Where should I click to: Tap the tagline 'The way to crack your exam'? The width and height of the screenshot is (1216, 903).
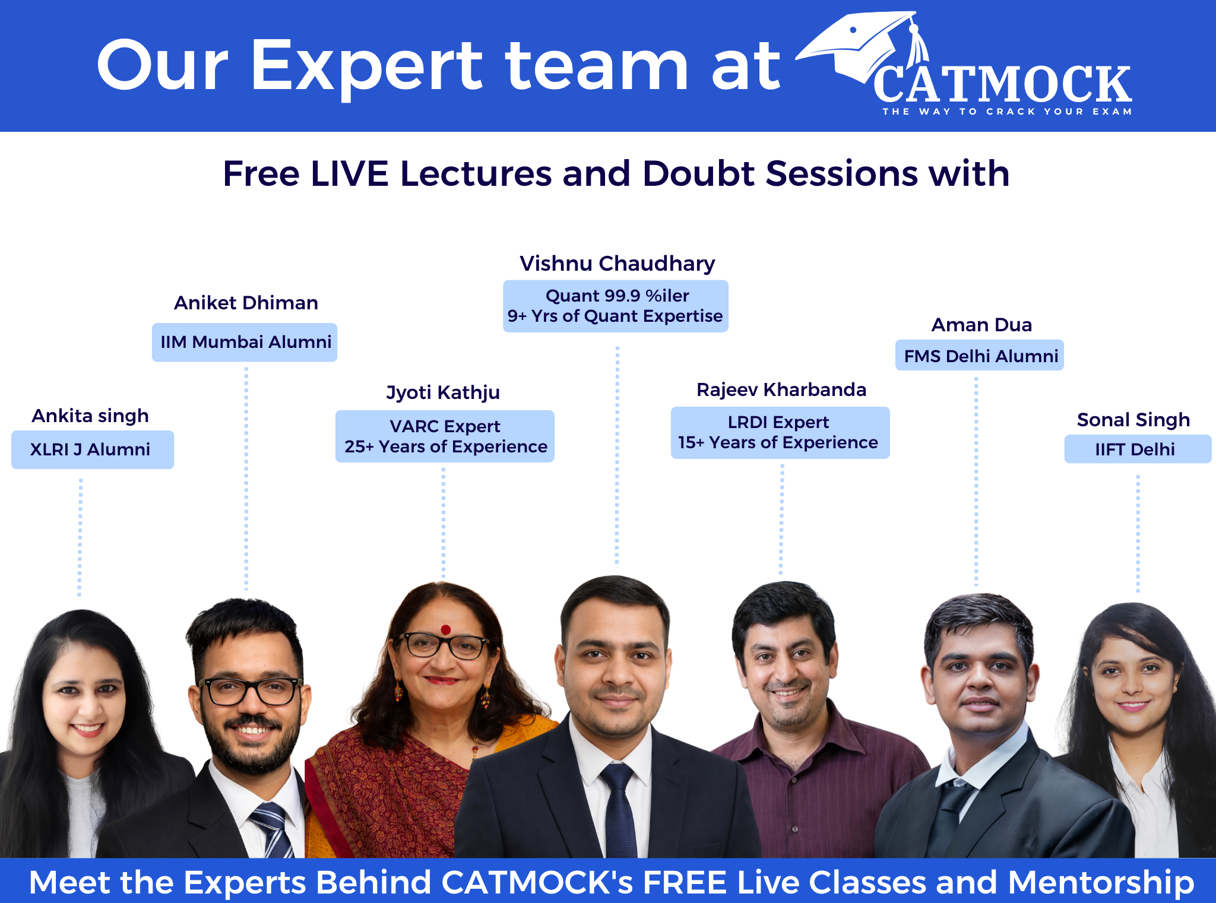pyautogui.click(x=1007, y=112)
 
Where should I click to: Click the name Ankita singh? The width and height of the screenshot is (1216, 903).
pyautogui.click(x=90, y=416)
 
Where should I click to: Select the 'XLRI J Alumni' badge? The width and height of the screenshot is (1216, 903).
pyautogui.click(x=93, y=449)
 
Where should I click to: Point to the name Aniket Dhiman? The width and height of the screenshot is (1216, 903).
pyautogui.click(x=246, y=303)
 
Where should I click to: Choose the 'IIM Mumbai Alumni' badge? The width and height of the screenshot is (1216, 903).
pyautogui.click(x=245, y=342)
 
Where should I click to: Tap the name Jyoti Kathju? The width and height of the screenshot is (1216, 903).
pyautogui.click(x=443, y=393)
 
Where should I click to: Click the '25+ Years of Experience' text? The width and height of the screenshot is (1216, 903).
pyautogui.click(x=446, y=446)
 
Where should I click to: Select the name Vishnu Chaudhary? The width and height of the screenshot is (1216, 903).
pyautogui.click(x=617, y=264)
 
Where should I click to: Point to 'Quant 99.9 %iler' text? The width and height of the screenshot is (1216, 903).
pyautogui.click(x=617, y=296)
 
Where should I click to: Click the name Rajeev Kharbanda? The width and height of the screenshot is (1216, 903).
pyautogui.click(x=781, y=389)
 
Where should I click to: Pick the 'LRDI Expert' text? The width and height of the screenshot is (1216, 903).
pyautogui.click(x=778, y=422)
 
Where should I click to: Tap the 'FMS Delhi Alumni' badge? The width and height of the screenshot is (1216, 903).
pyautogui.click(x=980, y=355)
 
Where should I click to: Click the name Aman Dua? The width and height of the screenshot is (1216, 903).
pyautogui.click(x=981, y=325)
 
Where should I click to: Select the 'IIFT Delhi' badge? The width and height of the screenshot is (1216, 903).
pyautogui.click(x=1138, y=449)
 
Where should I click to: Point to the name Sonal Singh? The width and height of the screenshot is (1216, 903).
pyautogui.click(x=1133, y=420)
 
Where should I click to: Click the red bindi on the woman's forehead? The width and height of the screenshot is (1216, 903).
pyautogui.click(x=446, y=629)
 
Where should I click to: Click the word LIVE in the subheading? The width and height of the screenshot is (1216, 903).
pyautogui.click(x=350, y=173)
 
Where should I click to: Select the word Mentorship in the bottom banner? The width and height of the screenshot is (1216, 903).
pyautogui.click(x=1101, y=882)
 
